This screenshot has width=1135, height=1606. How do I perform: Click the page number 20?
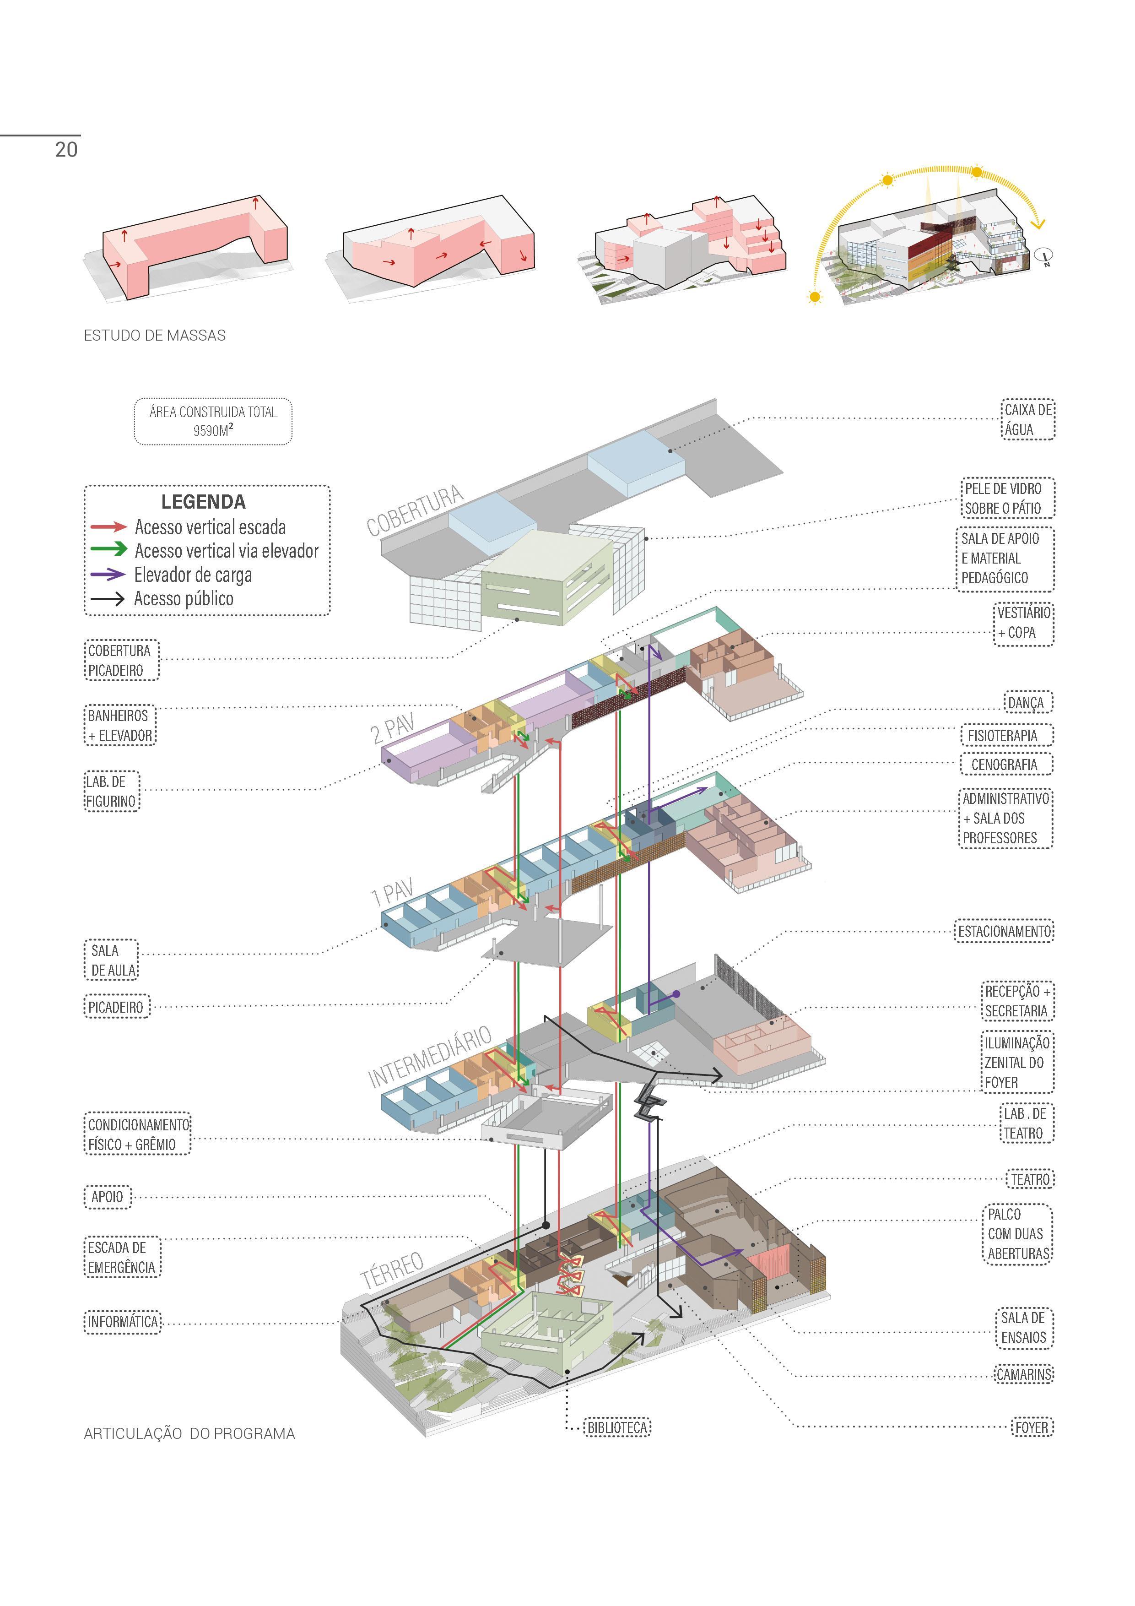point(66,149)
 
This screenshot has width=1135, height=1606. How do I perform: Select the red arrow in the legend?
point(108,526)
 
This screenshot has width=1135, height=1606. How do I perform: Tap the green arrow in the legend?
point(108,550)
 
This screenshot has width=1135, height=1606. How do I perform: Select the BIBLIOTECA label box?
point(617,1427)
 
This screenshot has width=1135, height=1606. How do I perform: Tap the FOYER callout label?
point(1032,1427)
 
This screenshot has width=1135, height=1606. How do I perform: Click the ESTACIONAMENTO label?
point(1004,932)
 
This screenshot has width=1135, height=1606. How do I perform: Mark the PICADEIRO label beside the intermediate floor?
point(116,1007)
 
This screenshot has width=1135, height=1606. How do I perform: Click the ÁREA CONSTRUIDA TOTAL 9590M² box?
point(213,421)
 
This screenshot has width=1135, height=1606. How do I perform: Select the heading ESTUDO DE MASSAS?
point(155,336)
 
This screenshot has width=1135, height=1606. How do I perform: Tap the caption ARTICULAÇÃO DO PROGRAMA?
point(189,1433)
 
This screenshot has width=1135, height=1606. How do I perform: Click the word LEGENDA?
point(204,501)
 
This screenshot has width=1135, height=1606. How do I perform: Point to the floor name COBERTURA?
point(415,510)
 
